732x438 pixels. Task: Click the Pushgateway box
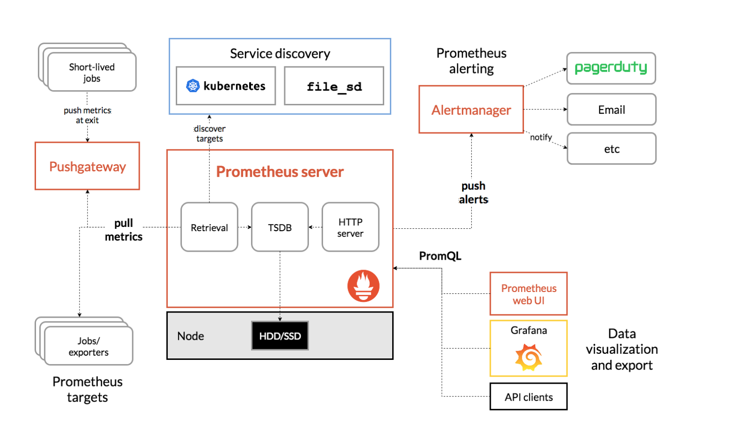(87, 166)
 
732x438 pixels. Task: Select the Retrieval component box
(209, 227)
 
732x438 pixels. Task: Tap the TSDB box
(280, 227)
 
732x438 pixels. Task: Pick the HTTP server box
(350, 227)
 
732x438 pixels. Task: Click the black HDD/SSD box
(280, 336)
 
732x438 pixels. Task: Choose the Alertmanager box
(471, 109)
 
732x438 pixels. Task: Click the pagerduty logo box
(611, 68)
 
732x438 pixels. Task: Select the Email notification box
(611, 109)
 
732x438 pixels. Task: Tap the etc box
(611, 149)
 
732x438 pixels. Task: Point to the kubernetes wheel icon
(193, 86)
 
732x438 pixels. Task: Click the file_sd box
(334, 86)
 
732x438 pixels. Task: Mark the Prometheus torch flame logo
(363, 285)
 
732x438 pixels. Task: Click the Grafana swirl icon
(528, 357)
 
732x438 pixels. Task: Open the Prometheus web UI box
(528, 294)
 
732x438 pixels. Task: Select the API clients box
(528, 397)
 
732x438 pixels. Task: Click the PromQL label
(440, 256)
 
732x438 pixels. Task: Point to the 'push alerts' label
(473, 193)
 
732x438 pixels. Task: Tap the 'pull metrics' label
(123, 230)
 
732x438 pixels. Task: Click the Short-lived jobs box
(92, 72)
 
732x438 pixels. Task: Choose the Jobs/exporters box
(88, 346)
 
